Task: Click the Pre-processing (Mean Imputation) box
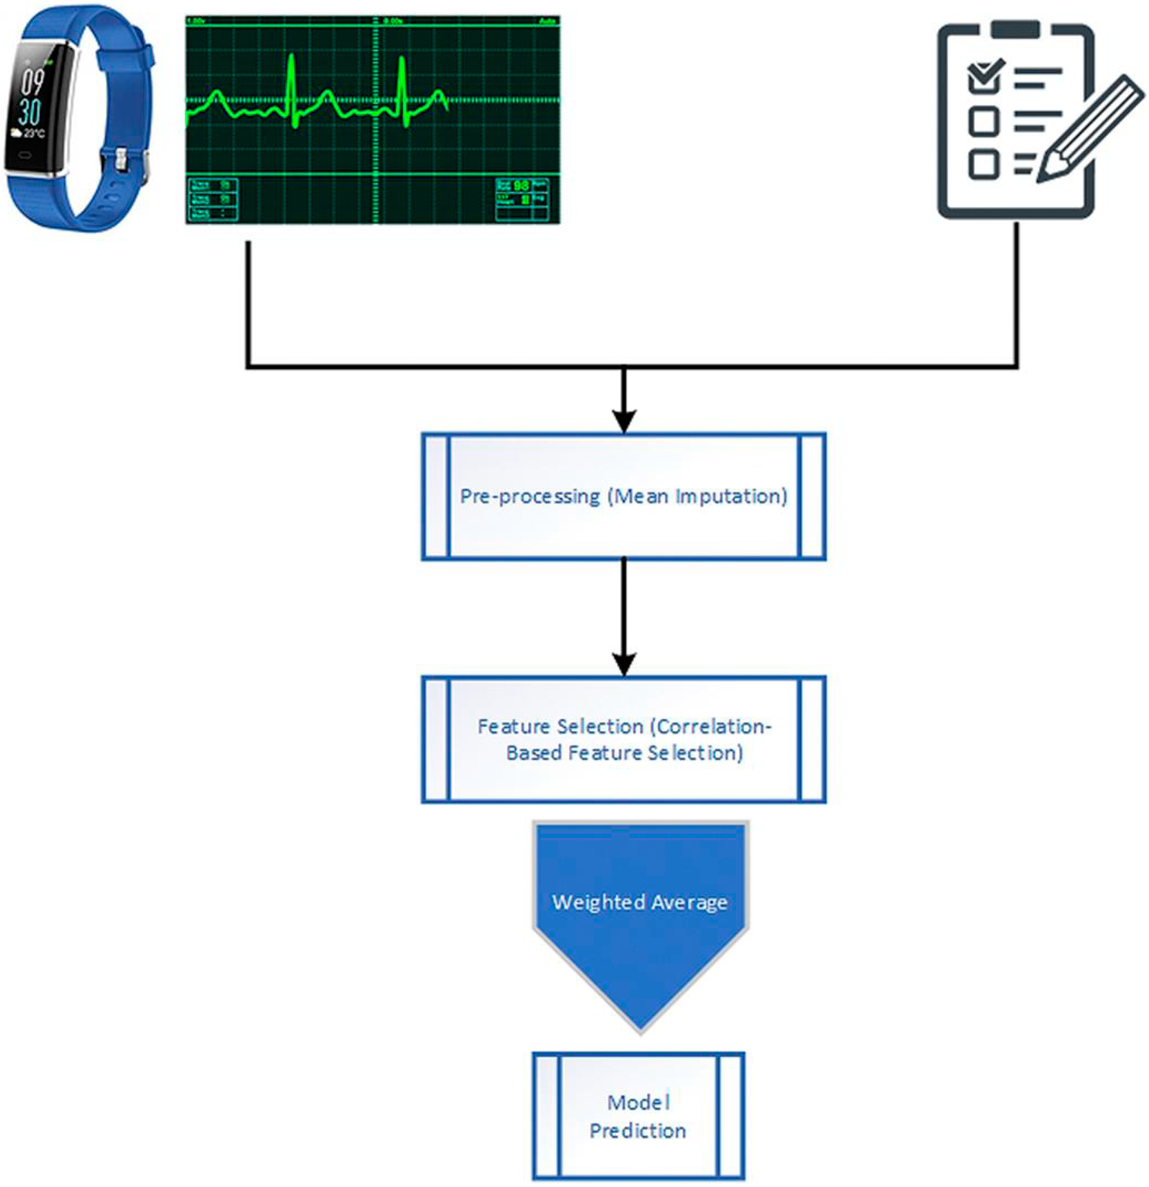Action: point(624,496)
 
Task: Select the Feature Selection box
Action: point(624,740)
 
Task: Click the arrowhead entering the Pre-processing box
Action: point(624,421)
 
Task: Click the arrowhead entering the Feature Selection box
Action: point(624,664)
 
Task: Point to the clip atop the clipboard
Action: point(1015,29)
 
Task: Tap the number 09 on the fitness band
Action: point(33,83)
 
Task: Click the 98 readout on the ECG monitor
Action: point(521,185)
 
